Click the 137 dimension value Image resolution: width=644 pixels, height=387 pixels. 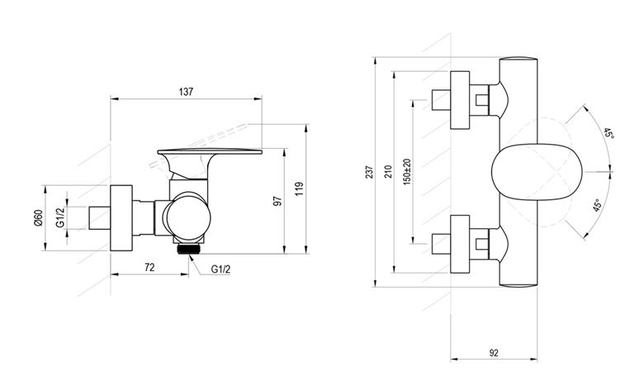186,92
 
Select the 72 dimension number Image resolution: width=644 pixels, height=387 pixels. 150,267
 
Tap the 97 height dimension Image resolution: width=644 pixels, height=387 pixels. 278,201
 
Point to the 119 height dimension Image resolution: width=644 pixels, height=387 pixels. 300,189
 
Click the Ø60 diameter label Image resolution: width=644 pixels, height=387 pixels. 39,218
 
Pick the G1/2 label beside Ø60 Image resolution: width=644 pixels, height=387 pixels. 60,217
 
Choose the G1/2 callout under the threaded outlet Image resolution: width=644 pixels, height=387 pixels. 221,270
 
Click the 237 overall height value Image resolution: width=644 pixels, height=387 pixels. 370,171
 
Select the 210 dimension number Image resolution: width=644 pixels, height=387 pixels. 389,171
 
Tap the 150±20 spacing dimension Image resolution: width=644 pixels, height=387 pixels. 407,171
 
